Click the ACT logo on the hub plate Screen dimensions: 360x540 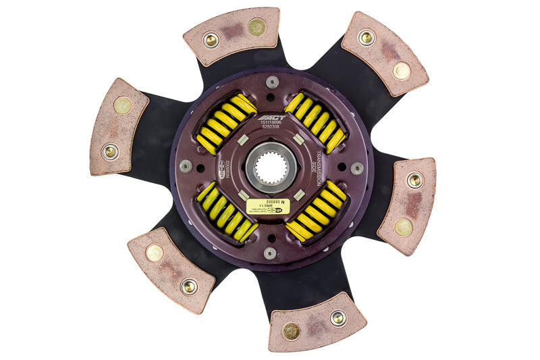click(x=271, y=117)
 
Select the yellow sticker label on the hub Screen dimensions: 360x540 click(x=268, y=206)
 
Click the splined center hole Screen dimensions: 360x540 click(x=270, y=165)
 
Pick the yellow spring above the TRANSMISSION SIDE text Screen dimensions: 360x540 click(x=315, y=122)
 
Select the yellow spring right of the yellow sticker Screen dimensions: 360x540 click(x=315, y=211)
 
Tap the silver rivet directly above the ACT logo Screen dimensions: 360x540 click(x=271, y=82)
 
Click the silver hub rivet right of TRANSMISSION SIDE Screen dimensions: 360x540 click(x=356, y=168)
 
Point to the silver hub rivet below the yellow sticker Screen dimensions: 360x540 click(x=270, y=253)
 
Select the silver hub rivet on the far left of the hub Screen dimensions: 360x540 click(x=185, y=165)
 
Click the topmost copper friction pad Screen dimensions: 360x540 click(x=232, y=35)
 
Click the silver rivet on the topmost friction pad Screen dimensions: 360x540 click(x=211, y=40)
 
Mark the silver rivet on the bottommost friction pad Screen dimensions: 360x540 click(x=338, y=317)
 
